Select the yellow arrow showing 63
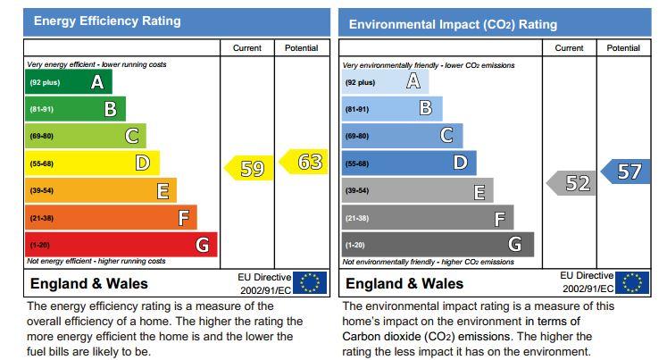pos(304,163)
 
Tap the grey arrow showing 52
pos(571,183)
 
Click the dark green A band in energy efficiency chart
pos(68,82)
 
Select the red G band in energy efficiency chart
pos(121,245)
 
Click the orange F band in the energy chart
pos(111,217)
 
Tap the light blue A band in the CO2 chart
pos(384,82)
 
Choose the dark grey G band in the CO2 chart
pos(438,245)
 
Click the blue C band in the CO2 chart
pos(402,136)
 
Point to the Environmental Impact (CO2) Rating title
pos(453,24)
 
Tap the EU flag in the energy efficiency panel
pos(310,283)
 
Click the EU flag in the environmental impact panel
pos(631,283)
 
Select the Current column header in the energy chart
pos(246,48)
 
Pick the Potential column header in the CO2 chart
pos(623,48)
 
